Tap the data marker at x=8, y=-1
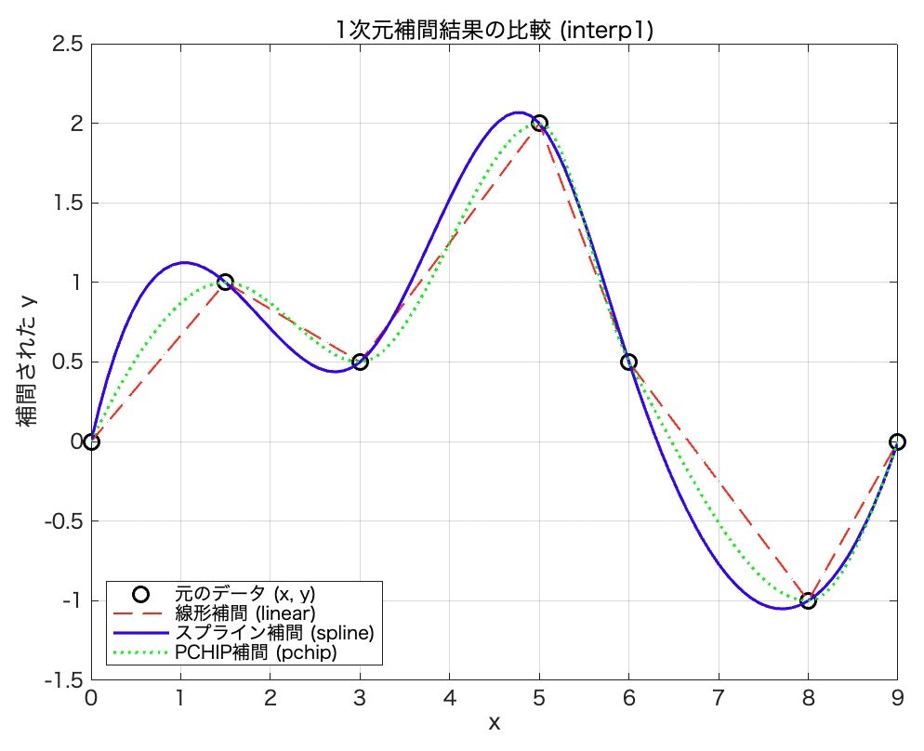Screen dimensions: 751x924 click(808, 600)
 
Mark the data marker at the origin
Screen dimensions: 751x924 click(91, 441)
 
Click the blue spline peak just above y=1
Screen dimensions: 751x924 click(186, 262)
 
